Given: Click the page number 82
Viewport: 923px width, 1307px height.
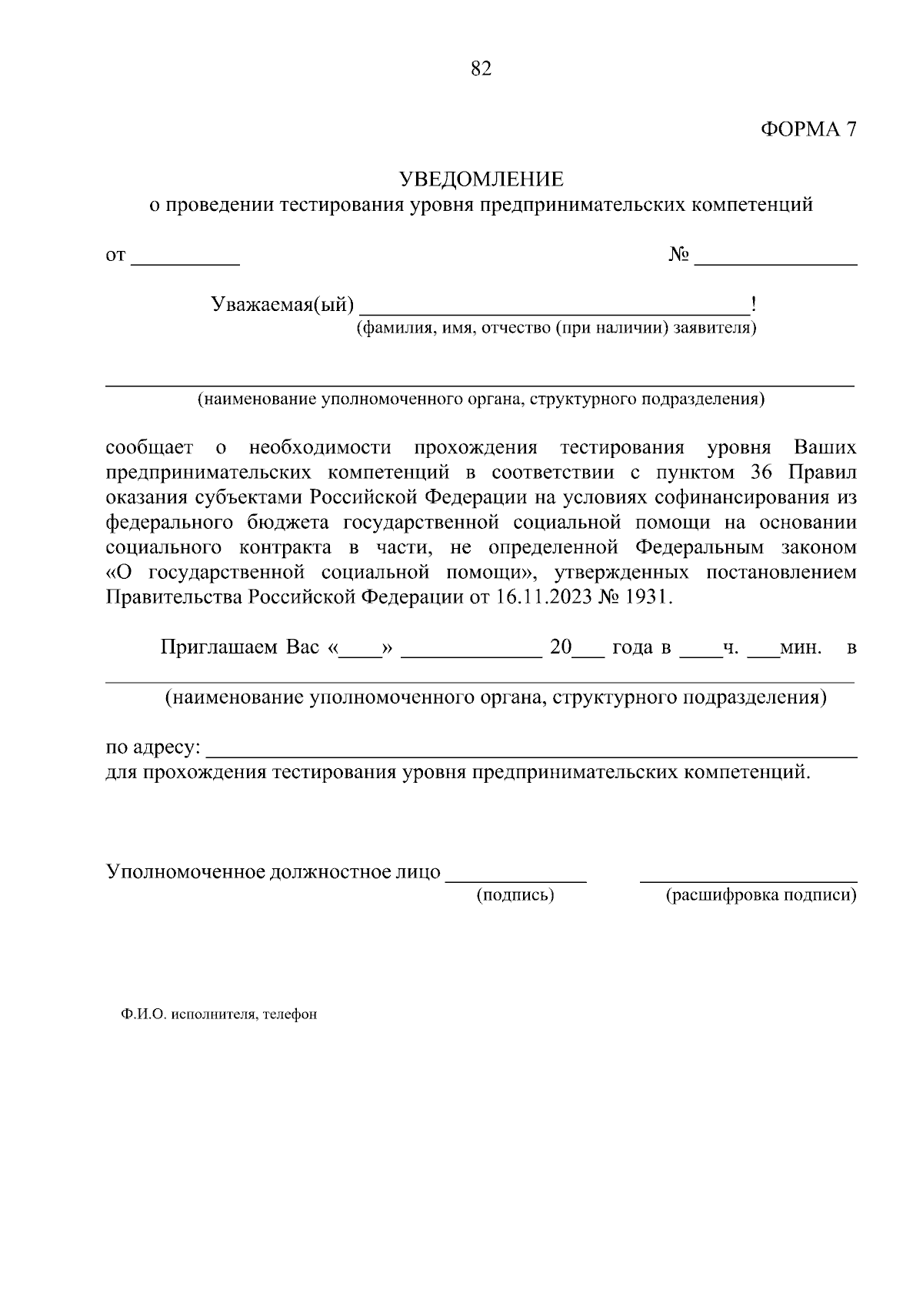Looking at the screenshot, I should [x=480, y=69].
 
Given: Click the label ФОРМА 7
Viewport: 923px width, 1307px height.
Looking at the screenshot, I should [x=808, y=129].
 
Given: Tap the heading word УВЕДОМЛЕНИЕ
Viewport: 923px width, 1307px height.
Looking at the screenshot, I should [x=481, y=179].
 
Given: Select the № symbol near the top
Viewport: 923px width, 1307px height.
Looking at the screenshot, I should [x=678, y=255].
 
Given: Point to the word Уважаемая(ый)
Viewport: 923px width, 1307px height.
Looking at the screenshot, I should [x=282, y=305].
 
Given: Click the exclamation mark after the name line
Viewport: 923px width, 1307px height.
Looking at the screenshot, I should [x=754, y=305].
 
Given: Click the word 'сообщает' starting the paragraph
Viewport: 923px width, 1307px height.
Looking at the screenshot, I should [x=149, y=448].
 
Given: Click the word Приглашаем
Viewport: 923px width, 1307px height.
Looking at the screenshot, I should [x=218, y=647].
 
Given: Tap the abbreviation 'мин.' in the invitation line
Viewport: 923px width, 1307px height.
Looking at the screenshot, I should [x=801, y=647].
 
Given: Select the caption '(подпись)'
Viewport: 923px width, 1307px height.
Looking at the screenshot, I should [x=515, y=894].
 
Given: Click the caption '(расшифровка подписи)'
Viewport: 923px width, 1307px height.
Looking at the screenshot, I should [x=761, y=894].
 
